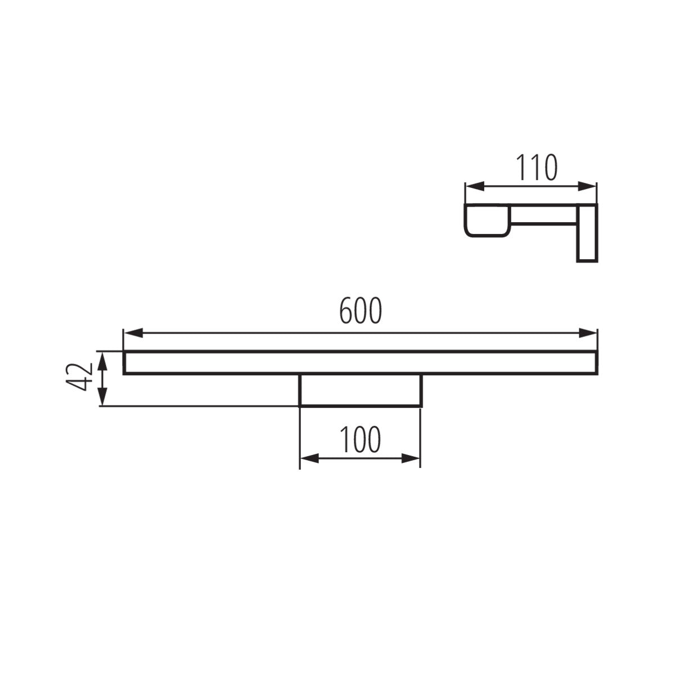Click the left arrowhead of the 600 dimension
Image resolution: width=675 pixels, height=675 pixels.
[131, 333]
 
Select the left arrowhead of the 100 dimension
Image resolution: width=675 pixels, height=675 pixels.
[307, 459]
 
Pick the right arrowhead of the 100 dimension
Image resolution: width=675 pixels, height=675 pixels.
[413, 459]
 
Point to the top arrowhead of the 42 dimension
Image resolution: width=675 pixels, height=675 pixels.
[102, 358]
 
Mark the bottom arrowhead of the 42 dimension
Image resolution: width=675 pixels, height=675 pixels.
[102, 398]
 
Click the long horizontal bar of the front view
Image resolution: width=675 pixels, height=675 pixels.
[360, 362]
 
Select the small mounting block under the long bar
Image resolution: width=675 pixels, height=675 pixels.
[360, 390]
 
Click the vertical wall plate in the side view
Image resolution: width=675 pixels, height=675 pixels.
[587, 232]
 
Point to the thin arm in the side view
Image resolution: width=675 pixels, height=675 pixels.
[543, 215]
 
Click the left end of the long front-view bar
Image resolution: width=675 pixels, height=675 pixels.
[125, 362]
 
